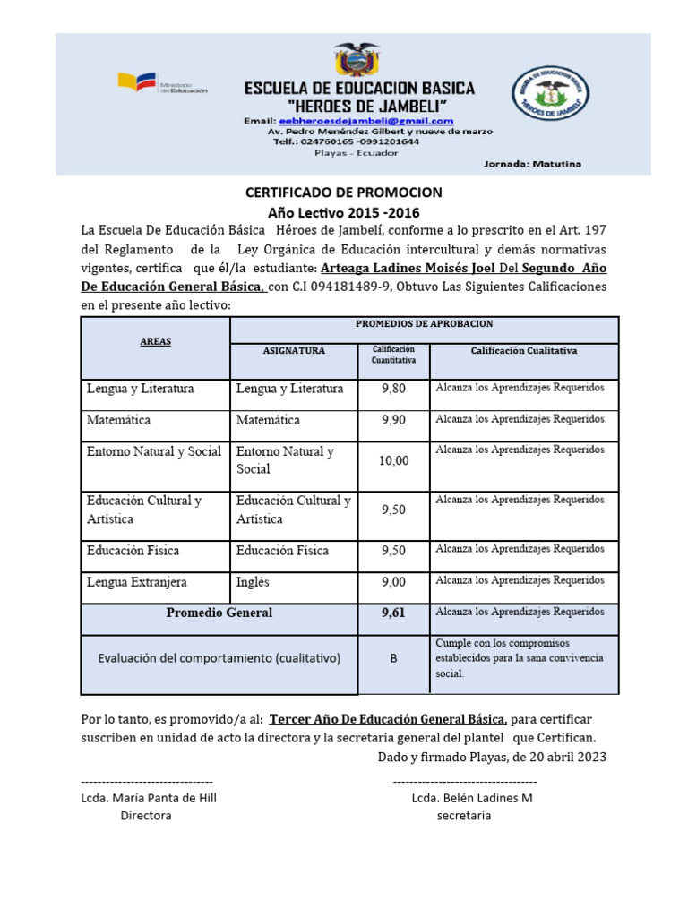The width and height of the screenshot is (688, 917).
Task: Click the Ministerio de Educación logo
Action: tap(161, 84)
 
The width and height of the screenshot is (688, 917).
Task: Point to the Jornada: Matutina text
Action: tap(532, 164)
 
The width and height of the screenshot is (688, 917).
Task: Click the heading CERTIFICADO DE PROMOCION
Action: tap(344, 193)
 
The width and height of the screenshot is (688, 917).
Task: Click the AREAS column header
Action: tap(155, 342)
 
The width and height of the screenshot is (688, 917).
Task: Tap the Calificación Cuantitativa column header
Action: tap(393, 355)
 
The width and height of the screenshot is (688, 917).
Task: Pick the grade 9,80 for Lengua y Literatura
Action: tap(393, 389)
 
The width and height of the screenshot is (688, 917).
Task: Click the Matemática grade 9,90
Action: tap(393, 420)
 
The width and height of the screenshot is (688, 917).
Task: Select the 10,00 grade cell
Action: tap(393, 460)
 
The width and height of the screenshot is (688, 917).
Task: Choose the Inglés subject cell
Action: tap(253, 582)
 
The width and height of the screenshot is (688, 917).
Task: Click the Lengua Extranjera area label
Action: tap(137, 582)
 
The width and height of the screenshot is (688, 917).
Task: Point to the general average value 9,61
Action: tap(393, 613)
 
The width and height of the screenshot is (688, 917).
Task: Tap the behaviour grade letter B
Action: tap(393, 658)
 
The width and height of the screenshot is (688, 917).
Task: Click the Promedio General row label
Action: tap(219, 613)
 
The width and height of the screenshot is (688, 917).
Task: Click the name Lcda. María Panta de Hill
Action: tap(149, 798)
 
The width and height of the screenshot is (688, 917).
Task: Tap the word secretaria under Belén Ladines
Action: tap(464, 816)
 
